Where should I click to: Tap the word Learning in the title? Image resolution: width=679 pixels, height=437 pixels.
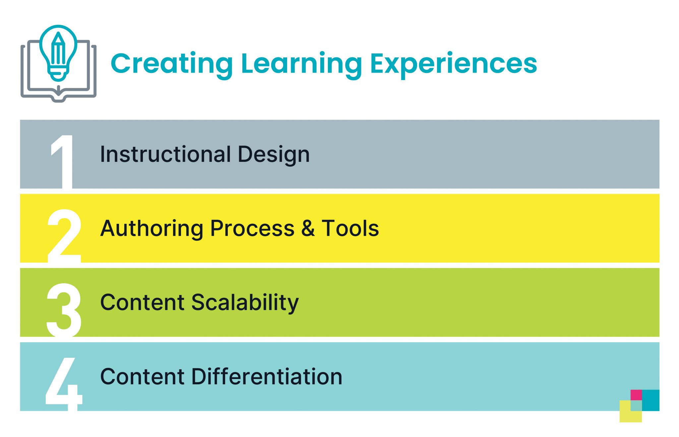(x=301, y=64)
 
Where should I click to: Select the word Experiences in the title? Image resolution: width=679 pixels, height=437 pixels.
(x=453, y=64)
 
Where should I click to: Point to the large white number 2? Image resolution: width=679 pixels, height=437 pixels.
(x=64, y=236)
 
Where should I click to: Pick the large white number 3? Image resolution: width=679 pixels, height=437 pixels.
(x=64, y=310)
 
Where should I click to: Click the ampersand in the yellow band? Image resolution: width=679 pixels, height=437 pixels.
(x=308, y=228)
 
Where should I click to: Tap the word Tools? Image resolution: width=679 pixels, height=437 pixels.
(x=350, y=228)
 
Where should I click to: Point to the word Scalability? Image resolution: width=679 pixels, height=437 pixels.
(x=245, y=303)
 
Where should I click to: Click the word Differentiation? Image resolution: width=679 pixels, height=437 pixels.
(x=267, y=377)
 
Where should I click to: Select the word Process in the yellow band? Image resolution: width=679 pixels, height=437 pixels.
(x=252, y=228)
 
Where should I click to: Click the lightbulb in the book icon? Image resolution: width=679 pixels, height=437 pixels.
(x=58, y=51)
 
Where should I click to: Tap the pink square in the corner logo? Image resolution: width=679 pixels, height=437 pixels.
(x=636, y=395)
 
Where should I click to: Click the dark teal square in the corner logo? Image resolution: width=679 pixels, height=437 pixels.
(x=651, y=400)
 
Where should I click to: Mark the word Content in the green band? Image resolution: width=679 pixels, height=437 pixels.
(x=142, y=302)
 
